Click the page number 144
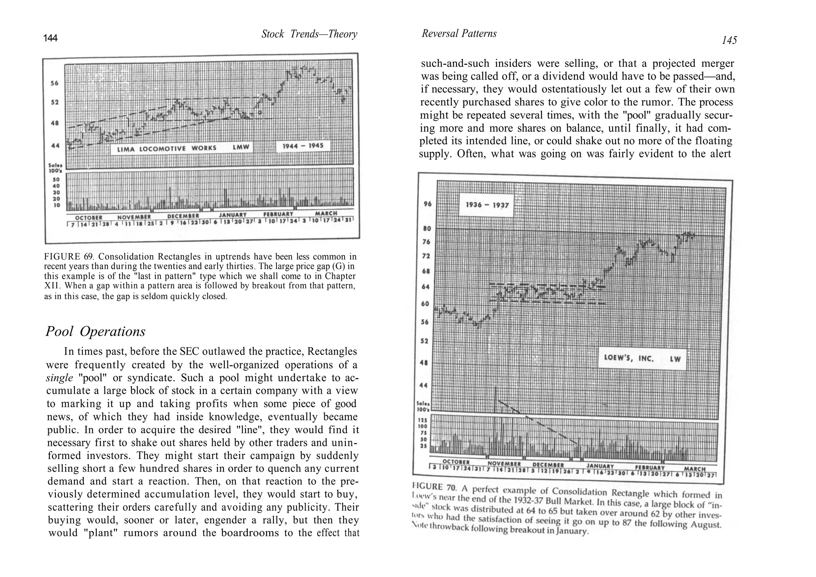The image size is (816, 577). click(x=50, y=38)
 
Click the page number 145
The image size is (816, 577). click(x=729, y=40)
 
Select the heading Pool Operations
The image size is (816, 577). click(x=95, y=332)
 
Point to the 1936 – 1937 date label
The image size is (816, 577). click(x=487, y=205)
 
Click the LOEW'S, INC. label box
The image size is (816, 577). click(x=642, y=358)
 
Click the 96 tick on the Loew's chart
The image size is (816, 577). click(x=427, y=204)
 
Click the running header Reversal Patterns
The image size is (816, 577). click(x=459, y=34)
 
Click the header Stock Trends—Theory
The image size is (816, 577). click(x=309, y=34)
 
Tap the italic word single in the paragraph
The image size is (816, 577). click(x=59, y=378)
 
